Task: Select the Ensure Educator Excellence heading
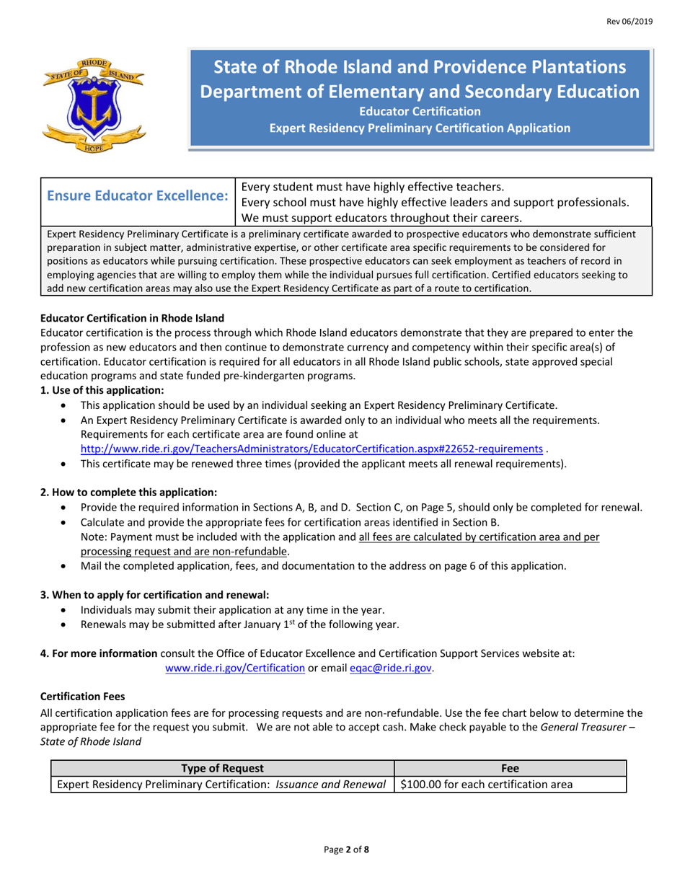click(x=138, y=196)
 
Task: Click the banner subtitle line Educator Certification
click(x=420, y=112)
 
